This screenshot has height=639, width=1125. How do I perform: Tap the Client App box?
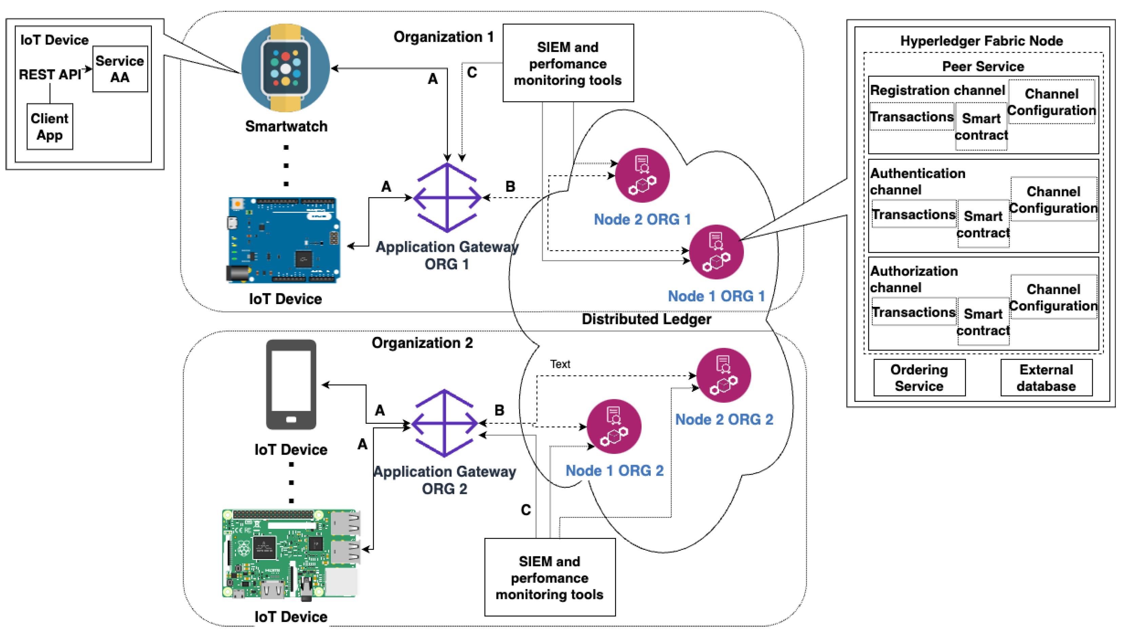click(x=50, y=126)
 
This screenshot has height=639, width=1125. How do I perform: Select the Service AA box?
click(x=120, y=69)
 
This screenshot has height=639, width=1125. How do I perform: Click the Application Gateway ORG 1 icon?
click(x=447, y=198)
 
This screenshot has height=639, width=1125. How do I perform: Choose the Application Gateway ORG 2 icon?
click(x=444, y=423)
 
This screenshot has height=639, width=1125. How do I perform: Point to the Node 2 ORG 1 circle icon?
click(x=642, y=175)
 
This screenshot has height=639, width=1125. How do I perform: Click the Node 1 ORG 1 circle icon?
click(x=716, y=252)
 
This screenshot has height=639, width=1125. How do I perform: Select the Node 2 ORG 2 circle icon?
click(x=723, y=376)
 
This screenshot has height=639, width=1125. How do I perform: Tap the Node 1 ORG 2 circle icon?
click(x=614, y=426)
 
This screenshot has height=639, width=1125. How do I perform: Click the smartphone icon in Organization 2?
click(x=291, y=384)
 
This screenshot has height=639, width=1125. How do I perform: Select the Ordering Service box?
click(x=919, y=378)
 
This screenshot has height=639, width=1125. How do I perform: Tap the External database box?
click(x=1046, y=378)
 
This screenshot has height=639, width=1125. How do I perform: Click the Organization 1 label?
click(x=443, y=37)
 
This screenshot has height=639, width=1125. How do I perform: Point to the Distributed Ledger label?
click(x=646, y=319)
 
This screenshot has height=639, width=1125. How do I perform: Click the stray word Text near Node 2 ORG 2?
click(x=560, y=364)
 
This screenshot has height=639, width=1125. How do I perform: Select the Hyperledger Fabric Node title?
click(x=982, y=41)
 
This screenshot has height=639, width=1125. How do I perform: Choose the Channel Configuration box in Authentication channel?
click(x=1053, y=200)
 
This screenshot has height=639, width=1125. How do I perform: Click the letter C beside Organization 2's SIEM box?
click(x=526, y=510)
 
